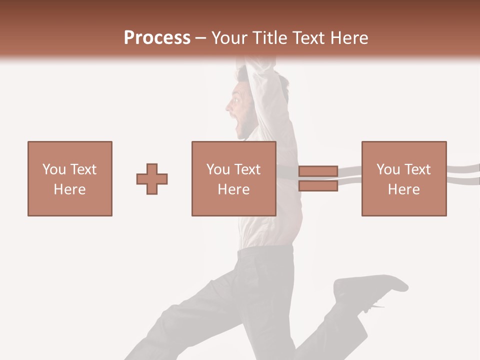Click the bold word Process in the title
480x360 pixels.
[157, 38]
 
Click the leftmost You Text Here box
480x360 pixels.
[70, 178]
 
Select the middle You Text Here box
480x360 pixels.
[233, 178]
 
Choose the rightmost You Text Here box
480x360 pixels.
[403, 178]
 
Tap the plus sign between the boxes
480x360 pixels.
[152, 179]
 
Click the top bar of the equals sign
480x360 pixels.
[318, 171]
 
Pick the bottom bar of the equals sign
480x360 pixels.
[318, 186]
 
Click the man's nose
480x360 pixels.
[228, 106]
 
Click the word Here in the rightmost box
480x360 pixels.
[403, 189]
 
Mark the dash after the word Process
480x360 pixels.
[201, 38]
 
